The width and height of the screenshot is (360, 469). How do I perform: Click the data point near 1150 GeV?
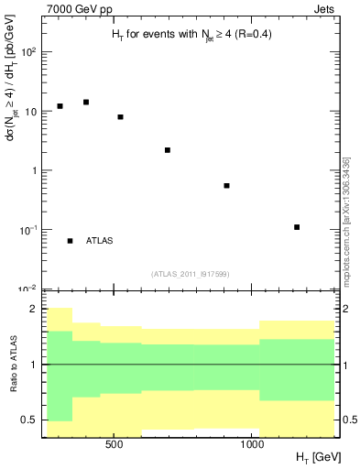[297, 227]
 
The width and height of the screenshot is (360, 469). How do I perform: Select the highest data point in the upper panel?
[86, 102]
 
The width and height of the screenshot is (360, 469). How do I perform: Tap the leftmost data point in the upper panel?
[60, 106]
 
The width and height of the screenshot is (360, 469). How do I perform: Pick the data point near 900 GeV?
[226, 186]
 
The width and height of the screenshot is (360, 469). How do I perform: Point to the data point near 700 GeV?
[168, 150]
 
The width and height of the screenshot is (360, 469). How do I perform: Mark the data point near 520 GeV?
[120, 117]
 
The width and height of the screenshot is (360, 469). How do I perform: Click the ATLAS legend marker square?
[70, 241]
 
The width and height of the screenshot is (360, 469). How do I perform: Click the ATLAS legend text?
[99, 241]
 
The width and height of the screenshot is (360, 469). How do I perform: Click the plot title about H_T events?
[185, 34]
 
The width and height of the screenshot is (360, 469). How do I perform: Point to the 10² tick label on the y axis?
[29, 52]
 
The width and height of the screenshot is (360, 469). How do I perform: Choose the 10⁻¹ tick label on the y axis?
[29, 230]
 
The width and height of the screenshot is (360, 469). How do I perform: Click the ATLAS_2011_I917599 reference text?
[189, 273]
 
